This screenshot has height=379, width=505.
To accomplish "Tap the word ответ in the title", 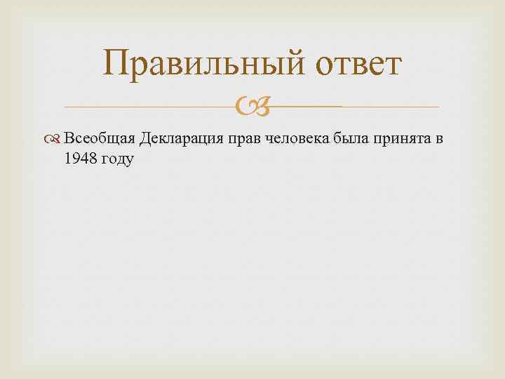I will click(x=359, y=65).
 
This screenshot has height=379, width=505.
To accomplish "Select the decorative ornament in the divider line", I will click(x=252, y=107).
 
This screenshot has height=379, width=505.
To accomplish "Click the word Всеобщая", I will click(x=99, y=138).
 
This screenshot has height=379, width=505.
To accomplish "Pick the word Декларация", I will click(x=181, y=138).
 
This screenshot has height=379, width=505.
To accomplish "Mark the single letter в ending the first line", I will click(x=439, y=138).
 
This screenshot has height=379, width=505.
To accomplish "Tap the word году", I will click(x=119, y=159).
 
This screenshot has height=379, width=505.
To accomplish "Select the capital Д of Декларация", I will click(x=145, y=138).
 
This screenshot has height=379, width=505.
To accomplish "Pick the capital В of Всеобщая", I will click(x=69, y=138).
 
